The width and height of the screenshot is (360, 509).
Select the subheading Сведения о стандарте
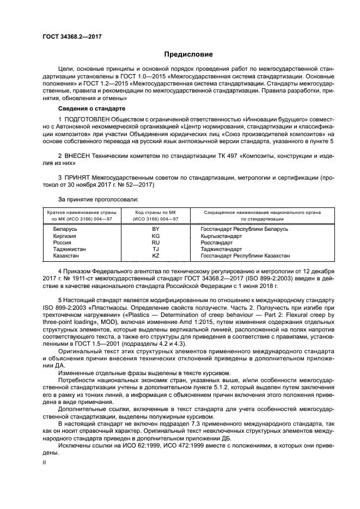tap(78, 109)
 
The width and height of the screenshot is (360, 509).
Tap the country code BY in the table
tap(156, 230)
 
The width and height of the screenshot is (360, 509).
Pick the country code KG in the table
tap(156, 237)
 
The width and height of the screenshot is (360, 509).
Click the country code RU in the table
tap(156, 243)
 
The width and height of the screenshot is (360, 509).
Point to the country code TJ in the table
tap(156, 249)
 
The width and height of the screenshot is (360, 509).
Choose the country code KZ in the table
tap(156, 256)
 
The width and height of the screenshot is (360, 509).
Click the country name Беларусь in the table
tap(65, 230)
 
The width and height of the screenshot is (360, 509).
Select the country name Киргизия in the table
tap(64, 237)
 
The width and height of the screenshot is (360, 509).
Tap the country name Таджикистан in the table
tap(69, 249)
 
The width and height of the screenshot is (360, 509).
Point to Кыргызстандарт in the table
tap(223, 237)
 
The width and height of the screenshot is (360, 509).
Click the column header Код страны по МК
tap(156, 212)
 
